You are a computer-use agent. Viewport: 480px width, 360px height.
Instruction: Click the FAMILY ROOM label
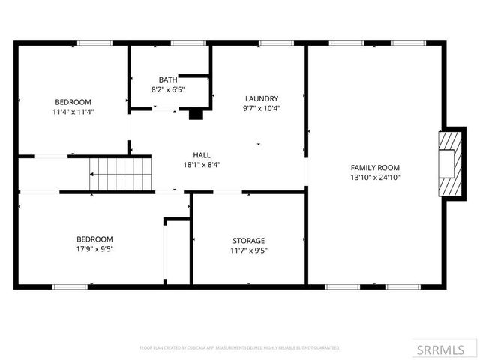tap(375, 167)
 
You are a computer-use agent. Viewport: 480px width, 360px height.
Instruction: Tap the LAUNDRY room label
tap(261, 98)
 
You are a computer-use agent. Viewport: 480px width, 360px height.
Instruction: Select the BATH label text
tap(168, 79)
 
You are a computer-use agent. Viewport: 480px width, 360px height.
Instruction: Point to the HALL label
tap(202, 155)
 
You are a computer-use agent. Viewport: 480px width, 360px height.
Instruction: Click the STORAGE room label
tap(248, 241)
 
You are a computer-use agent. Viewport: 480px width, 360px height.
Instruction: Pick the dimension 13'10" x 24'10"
tap(375, 178)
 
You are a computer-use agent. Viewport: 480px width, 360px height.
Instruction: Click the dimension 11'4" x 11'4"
tap(73, 112)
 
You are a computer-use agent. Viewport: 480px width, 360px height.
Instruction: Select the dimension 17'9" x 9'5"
tap(94, 249)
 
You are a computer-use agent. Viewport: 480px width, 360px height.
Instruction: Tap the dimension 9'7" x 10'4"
tap(261, 108)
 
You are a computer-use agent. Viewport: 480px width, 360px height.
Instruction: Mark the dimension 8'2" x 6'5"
tap(168, 89)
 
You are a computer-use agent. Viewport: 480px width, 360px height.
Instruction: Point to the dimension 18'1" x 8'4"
tap(202, 165)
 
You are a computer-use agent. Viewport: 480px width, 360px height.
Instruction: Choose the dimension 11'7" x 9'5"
tap(248, 250)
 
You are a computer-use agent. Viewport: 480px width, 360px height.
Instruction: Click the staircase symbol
tap(120, 175)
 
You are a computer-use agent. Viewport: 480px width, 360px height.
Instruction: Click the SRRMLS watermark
tap(447, 349)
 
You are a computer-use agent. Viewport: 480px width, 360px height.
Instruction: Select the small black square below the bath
tap(195, 115)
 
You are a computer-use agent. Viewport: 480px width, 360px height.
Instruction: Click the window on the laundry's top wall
tap(270, 43)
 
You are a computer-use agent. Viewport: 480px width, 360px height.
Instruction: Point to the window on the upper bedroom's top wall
tap(89, 43)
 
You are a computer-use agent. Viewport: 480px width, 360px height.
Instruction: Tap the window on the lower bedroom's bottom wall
tap(69, 286)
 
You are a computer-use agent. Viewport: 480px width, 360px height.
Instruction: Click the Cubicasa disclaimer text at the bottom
tap(240, 348)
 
